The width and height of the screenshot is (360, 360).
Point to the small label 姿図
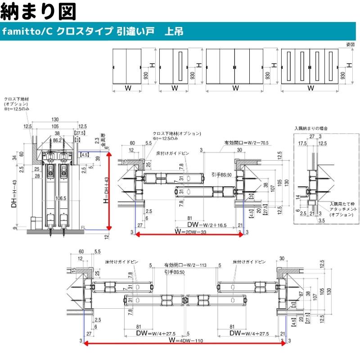point(350,44)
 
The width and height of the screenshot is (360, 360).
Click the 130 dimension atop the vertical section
point(55,119)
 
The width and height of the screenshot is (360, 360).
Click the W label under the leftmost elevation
point(128,88)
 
